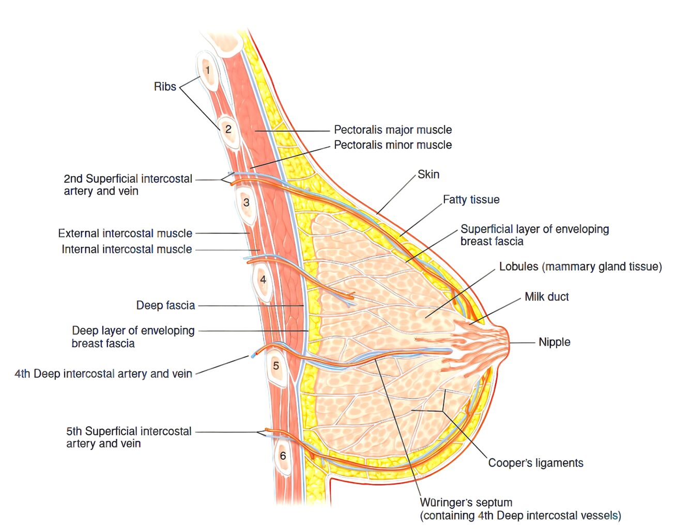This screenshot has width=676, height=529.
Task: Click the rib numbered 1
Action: tap(207, 71)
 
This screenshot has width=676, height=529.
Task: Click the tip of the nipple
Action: tap(509, 343)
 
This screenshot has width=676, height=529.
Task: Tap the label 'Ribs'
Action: tap(165, 87)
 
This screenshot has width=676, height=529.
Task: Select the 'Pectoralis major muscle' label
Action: tap(393, 130)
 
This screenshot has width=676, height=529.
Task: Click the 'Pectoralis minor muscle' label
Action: tap(393, 145)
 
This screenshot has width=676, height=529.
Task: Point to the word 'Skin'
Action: tap(428, 175)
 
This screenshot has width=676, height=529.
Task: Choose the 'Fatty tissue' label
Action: tap(471, 199)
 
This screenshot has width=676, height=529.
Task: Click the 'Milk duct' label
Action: tap(547, 297)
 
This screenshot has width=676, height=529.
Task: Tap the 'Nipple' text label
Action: tap(555, 343)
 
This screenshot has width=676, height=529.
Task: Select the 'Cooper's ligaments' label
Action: tap(536, 463)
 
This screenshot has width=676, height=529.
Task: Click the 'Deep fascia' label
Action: tap(165, 305)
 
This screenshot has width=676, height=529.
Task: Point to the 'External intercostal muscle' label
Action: tap(125, 234)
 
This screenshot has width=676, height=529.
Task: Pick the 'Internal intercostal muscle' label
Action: tap(127, 250)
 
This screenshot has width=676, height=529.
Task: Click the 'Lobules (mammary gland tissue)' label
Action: tap(580, 267)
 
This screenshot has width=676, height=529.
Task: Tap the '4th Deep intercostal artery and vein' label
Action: tap(103, 374)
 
